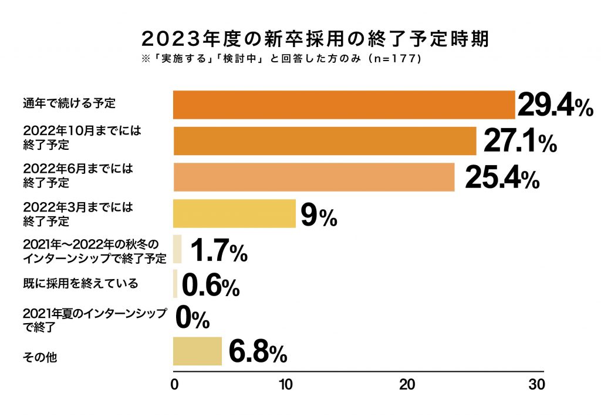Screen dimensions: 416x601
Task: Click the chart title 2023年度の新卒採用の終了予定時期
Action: click(x=316, y=39)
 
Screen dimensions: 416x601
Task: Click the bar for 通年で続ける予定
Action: click(x=343, y=105)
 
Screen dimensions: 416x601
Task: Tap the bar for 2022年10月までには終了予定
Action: click(x=324, y=141)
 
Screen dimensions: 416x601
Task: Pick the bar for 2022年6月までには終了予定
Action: click(x=313, y=177)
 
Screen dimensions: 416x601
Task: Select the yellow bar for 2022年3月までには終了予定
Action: click(x=234, y=213)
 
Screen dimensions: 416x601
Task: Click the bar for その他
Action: click(x=197, y=351)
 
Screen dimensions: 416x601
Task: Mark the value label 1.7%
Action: click(x=218, y=251)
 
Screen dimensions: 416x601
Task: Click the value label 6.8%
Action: click(x=257, y=353)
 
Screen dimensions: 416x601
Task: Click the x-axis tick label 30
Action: click(x=536, y=385)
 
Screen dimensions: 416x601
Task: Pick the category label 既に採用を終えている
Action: click(x=80, y=283)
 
